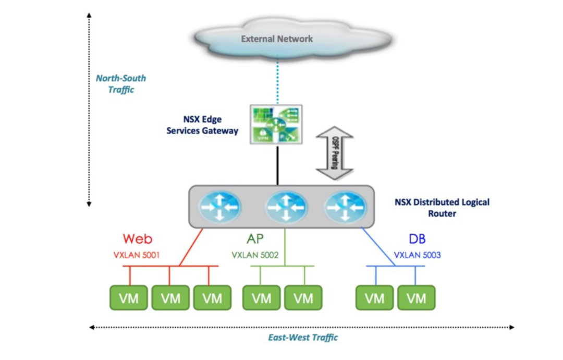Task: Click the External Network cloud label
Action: coord(277,39)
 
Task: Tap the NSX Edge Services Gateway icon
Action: coord(276,124)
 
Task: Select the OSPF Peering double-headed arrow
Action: coord(335,153)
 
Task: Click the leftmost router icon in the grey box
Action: coord(220,207)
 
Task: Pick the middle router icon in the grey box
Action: coord(286,207)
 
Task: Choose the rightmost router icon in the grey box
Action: coord(345,207)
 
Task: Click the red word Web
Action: coord(138,238)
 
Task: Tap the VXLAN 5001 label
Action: coord(137,255)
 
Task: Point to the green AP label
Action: coord(255,238)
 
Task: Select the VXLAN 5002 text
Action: coord(255,255)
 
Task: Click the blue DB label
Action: coord(417,238)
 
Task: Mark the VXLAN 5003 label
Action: coord(417,255)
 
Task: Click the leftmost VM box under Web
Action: coord(129,298)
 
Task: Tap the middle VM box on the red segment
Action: coord(170,298)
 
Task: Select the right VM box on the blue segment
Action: coord(417,298)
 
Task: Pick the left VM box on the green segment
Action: coord(261,298)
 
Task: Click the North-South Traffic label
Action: coord(121,83)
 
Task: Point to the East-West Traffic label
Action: coord(303,338)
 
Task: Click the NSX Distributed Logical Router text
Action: coord(442,208)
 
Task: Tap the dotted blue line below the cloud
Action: coord(277,80)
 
